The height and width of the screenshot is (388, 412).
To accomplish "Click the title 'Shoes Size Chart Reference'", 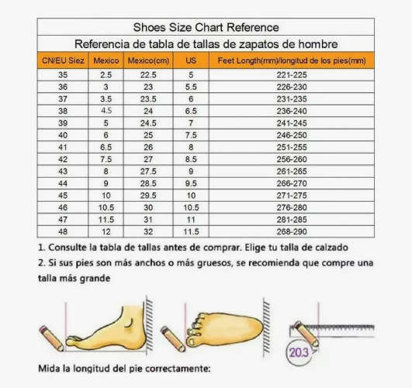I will (x=206, y=28).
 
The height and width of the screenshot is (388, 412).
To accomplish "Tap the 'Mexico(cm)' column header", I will (x=148, y=61).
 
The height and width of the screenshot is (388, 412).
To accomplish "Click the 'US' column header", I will (x=190, y=61).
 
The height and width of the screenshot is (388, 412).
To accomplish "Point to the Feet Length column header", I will (x=292, y=61).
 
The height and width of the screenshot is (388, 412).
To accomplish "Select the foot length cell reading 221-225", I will (x=292, y=75).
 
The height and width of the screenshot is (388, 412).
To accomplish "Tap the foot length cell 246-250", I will (x=292, y=134).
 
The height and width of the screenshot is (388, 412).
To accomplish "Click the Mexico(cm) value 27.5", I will (x=148, y=170).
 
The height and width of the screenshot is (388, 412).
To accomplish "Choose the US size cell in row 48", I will (x=190, y=230).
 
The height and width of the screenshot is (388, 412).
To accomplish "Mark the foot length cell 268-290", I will (x=292, y=230).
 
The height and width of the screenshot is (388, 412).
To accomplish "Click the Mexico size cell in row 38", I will (x=106, y=111).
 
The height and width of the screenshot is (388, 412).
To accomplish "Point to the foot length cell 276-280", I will (x=292, y=206).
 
